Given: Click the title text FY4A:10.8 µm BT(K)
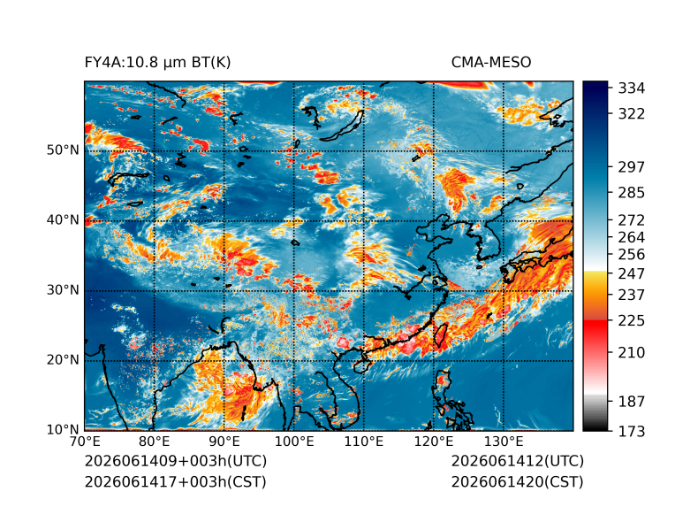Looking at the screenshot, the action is (x=157, y=63).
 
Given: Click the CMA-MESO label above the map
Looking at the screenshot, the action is (x=491, y=63).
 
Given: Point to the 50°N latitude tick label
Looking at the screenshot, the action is (x=63, y=150).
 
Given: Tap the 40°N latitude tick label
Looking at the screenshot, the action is (x=63, y=219).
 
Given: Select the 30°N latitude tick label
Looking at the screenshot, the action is (x=63, y=289).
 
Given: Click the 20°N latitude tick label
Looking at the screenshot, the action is (x=63, y=359).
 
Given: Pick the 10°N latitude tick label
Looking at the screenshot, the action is (x=63, y=429).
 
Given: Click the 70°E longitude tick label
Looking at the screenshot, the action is (x=85, y=442).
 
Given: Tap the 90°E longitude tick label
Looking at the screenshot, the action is (x=224, y=442).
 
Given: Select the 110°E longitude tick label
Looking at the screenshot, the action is (x=363, y=442).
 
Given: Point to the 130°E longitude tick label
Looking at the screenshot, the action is (x=504, y=442).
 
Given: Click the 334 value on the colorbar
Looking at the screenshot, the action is (x=632, y=88).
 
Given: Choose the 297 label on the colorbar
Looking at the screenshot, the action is (x=632, y=167).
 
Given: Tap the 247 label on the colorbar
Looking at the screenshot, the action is (x=632, y=273).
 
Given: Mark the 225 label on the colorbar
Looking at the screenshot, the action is (x=632, y=321).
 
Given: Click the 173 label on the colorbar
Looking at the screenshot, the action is (x=632, y=431).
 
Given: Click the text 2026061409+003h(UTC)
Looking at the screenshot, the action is (x=176, y=461).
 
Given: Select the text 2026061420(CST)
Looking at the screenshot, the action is (x=518, y=482).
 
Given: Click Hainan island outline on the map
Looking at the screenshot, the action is (x=360, y=366).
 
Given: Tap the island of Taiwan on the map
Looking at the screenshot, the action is (x=440, y=335).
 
